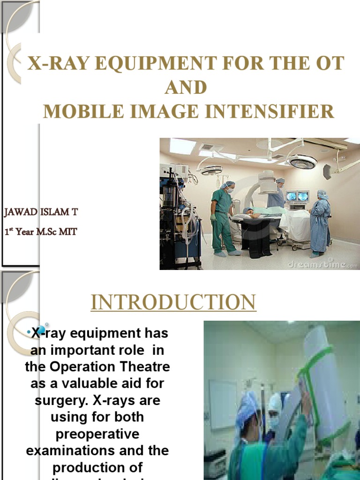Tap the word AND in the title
[186, 88]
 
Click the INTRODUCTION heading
[173, 302]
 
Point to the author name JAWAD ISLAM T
[41, 212]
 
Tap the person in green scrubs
[224, 218]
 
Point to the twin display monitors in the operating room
[297, 196]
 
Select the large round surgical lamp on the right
[302, 162]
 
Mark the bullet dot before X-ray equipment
[29, 333]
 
